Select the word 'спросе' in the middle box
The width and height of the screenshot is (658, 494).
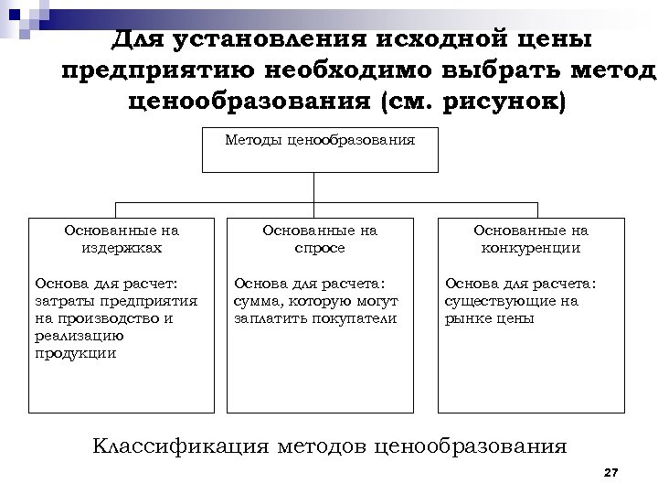click(319, 248)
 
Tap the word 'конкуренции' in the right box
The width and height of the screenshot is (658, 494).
click(530, 248)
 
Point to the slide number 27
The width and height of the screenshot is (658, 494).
click(611, 472)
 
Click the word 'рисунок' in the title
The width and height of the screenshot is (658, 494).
click(499, 99)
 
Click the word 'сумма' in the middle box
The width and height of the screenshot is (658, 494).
click(257, 301)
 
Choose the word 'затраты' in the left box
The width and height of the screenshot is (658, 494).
click(60, 301)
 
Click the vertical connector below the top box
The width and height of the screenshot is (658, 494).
click(313, 187)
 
